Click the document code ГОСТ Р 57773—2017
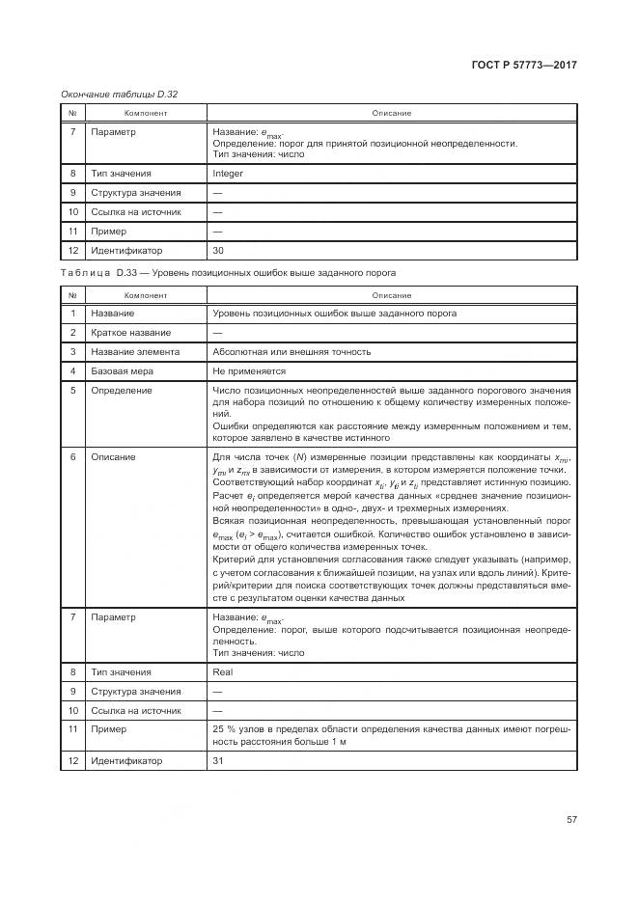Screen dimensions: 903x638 (524, 66)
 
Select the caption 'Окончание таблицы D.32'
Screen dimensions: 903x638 (119, 94)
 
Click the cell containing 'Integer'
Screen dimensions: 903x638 (228, 174)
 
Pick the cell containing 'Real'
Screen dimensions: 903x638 (222, 671)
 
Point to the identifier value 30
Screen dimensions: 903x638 (218, 251)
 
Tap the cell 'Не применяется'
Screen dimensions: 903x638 (249, 371)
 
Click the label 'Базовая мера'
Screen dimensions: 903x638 (123, 371)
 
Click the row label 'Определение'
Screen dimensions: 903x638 (121, 391)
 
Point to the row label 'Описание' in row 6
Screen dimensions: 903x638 (113, 456)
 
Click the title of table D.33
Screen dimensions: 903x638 (228, 273)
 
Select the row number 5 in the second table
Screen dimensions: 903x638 (72, 391)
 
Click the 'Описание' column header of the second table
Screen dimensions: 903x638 (392, 294)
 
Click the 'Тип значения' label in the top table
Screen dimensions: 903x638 (121, 174)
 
